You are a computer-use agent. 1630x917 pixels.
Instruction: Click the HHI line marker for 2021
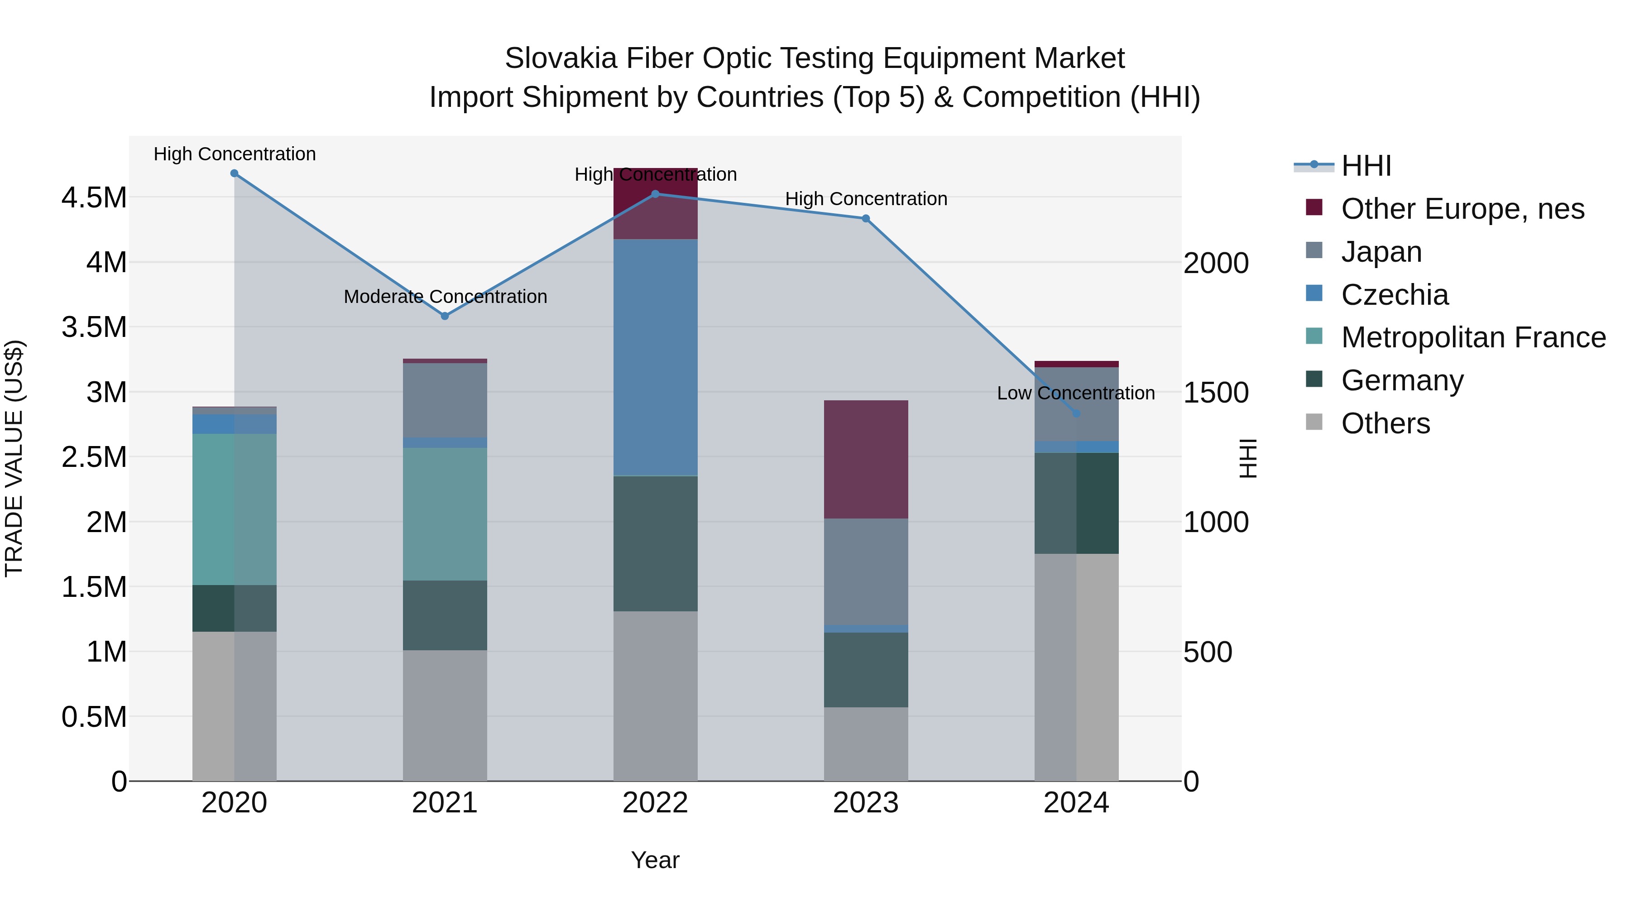point(445,316)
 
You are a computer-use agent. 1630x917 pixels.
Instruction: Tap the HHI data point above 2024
point(1076,413)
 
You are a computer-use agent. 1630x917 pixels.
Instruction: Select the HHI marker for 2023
point(866,218)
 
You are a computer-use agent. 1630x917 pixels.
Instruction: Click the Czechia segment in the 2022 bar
point(656,358)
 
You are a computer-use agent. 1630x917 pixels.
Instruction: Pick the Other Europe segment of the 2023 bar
point(866,460)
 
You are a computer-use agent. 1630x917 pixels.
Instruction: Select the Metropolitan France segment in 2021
point(445,514)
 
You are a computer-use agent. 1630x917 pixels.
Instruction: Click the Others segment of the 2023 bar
point(866,744)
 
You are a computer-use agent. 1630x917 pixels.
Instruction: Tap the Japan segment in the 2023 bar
point(866,571)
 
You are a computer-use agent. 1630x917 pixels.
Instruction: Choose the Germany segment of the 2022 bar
point(656,543)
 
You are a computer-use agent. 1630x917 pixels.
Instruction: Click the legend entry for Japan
point(1381,252)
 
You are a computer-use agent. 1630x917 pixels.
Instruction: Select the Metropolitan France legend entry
point(1473,337)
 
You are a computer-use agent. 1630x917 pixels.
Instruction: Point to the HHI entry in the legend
point(1366,166)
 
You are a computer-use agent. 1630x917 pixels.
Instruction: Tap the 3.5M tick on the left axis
point(94,327)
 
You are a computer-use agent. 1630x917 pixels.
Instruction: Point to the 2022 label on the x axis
point(656,803)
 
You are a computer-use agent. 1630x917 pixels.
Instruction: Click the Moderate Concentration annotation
point(445,296)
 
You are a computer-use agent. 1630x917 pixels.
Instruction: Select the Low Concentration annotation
point(1076,393)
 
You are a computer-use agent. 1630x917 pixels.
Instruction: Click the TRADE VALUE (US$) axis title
point(14,458)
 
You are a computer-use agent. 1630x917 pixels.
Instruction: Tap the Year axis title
point(655,860)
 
